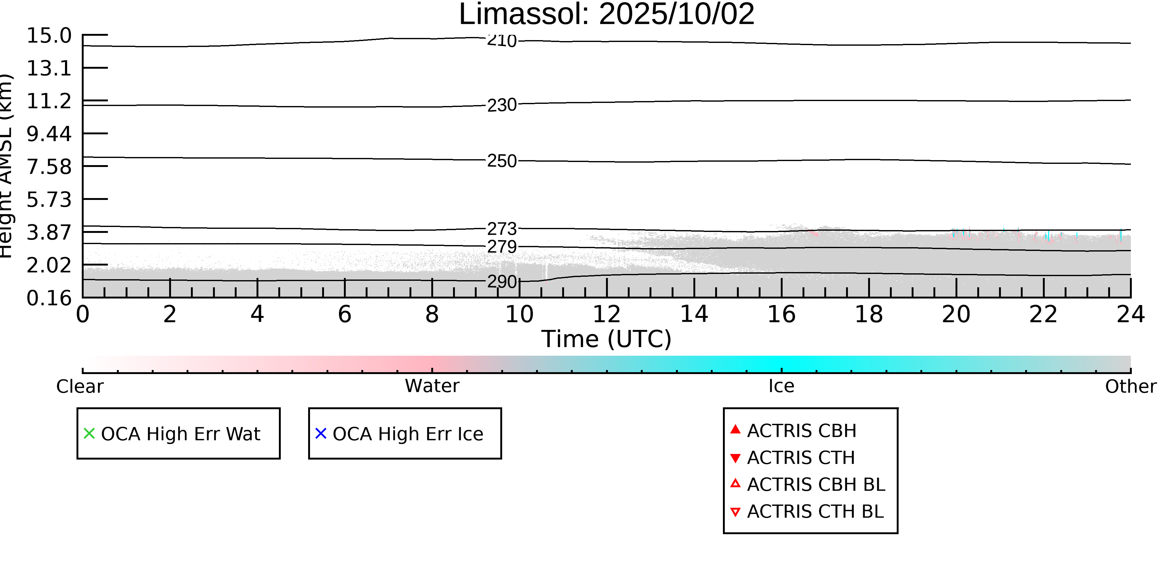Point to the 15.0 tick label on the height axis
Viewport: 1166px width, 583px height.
pyautogui.click(x=49, y=36)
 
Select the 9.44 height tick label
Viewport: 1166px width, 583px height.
pyautogui.click(x=49, y=134)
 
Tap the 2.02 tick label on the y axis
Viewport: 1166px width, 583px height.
pyautogui.click(x=49, y=265)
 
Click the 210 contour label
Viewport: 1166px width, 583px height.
pyautogui.click(x=502, y=41)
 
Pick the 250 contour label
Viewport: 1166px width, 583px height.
pyautogui.click(x=502, y=161)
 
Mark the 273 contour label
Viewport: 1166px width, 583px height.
pyautogui.click(x=502, y=229)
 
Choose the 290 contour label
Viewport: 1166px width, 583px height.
pyautogui.click(x=502, y=282)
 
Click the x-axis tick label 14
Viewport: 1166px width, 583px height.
pyautogui.click(x=694, y=314)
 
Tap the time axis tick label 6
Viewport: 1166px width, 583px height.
pyautogui.click(x=345, y=314)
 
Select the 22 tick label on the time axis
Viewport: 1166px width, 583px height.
pyautogui.click(x=1043, y=314)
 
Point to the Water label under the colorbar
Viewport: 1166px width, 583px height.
pyautogui.click(x=432, y=386)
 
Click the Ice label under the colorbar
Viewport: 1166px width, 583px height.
pyautogui.click(x=781, y=386)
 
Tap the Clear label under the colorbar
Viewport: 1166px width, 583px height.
pyautogui.click(x=80, y=386)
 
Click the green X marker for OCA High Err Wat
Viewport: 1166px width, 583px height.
pyautogui.click(x=89, y=434)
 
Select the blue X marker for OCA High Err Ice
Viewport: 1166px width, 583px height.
pyautogui.click(x=321, y=434)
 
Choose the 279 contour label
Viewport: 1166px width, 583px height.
pyautogui.click(x=502, y=247)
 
